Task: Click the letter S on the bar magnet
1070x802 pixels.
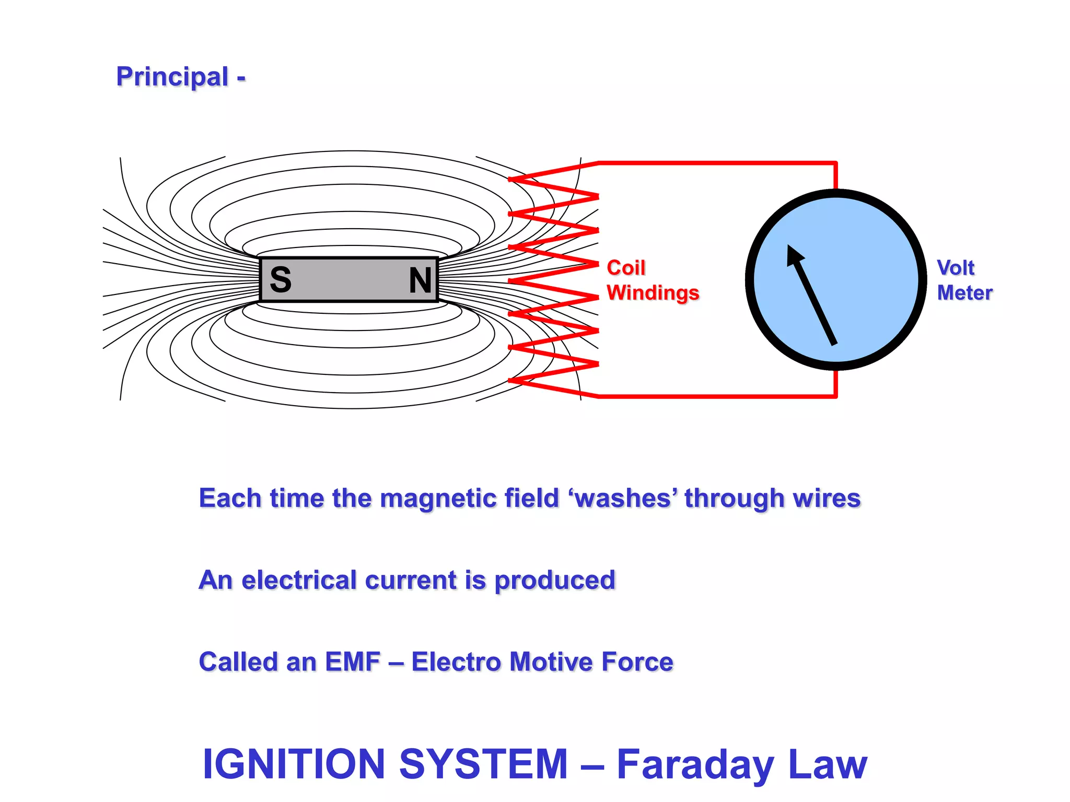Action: pyautogui.click(x=281, y=280)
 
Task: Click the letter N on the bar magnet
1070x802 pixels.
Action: pyautogui.click(x=420, y=280)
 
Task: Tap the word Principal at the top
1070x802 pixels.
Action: pyautogui.click(x=172, y=77)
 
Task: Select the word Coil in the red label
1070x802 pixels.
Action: pyautogui.click(x=626, y=268)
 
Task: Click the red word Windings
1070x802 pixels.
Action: pyautogui.click(x=653, y=293)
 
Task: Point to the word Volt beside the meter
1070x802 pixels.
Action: pyautogui.click(x=956, y=268)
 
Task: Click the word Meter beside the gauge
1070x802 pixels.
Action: pyautogui.click(x=964, y=293)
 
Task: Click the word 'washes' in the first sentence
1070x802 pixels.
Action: pyautogui.click(x=623, y=498)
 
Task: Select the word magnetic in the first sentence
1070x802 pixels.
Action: pyautogui.click(x=438, y=498)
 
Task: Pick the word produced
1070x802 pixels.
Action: pyautogui.click(x=555, y=581)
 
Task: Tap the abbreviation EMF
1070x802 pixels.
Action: pyautogui.click(x=353, y=662)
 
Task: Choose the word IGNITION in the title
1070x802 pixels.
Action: pyautogui.click(x=294, y=764)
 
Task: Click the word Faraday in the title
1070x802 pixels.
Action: pyautogui.click(x=695, y=765)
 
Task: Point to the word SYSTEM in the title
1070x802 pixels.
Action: pyautogui.click(x=483, y=764)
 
